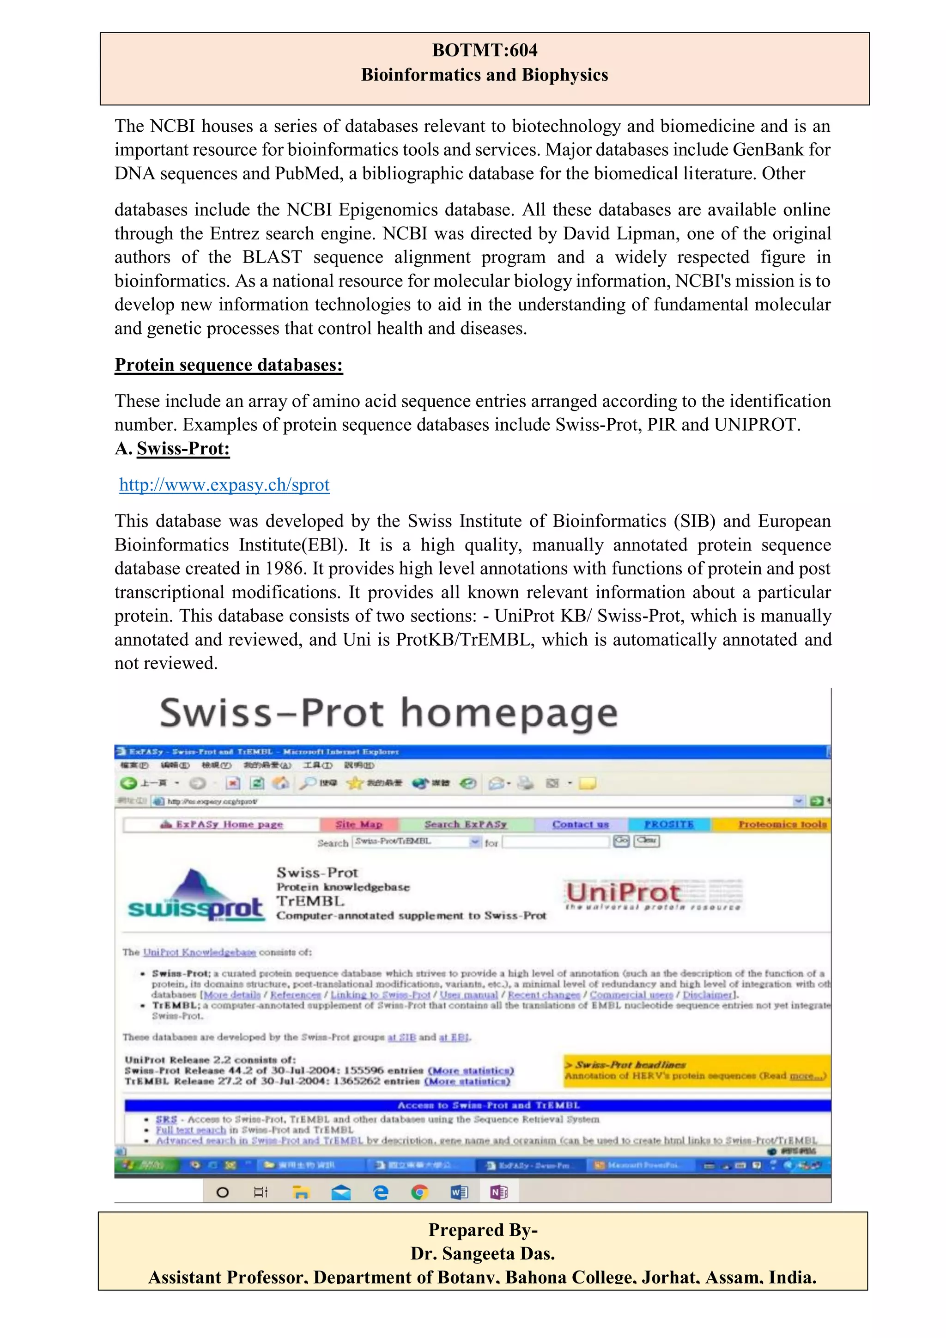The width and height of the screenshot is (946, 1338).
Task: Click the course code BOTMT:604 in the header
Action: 484,50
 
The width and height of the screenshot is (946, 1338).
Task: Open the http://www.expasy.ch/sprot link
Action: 224,485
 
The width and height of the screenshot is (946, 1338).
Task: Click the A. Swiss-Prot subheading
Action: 172,449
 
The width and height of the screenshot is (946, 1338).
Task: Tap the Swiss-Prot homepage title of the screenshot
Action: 388,713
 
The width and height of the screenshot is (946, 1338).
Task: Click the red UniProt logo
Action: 623,892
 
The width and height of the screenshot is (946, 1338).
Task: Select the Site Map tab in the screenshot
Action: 359,824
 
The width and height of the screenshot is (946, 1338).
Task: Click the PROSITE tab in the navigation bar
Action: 669,824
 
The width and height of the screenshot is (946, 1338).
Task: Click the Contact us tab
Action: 580,824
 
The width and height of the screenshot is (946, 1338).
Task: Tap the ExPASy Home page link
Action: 221,825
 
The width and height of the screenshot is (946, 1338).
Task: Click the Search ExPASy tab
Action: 466,824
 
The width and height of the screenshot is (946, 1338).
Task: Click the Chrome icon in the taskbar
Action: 419,1193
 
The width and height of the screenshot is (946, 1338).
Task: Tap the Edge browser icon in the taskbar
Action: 380,1193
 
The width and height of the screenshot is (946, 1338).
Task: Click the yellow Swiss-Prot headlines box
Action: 696,1070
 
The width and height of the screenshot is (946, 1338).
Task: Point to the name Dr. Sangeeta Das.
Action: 482,1253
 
